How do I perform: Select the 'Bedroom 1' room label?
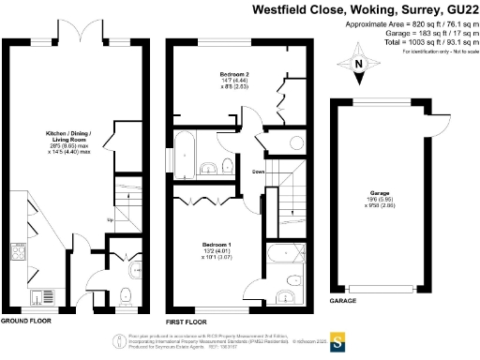click(x=217, y=245)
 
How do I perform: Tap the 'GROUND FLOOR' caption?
click(x=24, y=321)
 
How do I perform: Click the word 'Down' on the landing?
click(x=256, y=171)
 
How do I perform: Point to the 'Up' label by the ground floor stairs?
click(x=112, y=221)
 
